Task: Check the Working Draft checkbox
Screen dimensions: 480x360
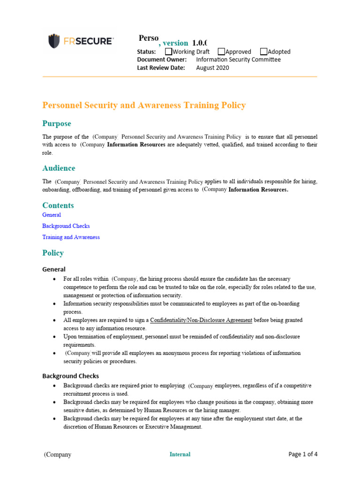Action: point(169,52)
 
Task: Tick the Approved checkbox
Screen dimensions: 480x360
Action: point(221,52)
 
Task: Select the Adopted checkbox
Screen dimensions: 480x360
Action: point(263,52)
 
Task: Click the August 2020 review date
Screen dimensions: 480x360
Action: point(212,67)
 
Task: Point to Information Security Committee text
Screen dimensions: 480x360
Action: point(238,60)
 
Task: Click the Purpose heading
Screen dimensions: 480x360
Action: point(57,124)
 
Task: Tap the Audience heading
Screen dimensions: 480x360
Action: point(59,168)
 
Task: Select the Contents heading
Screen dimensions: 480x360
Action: point(58,205)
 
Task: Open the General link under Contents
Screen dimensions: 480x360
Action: point(52,215)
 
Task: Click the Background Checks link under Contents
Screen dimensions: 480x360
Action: point(66,226)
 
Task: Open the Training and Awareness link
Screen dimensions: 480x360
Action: point(71,237)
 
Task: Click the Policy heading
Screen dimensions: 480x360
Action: point(53,253)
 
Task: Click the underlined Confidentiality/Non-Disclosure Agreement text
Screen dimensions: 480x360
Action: point(201,320)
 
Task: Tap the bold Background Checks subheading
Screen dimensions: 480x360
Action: point(70,376)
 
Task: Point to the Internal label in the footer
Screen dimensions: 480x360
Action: point(180,454)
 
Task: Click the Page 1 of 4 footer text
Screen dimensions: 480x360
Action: point(303,454)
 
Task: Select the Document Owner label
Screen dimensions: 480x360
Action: point(162,60)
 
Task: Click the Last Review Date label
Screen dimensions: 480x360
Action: point(161,67)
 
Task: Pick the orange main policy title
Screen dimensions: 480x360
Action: point(144,105)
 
